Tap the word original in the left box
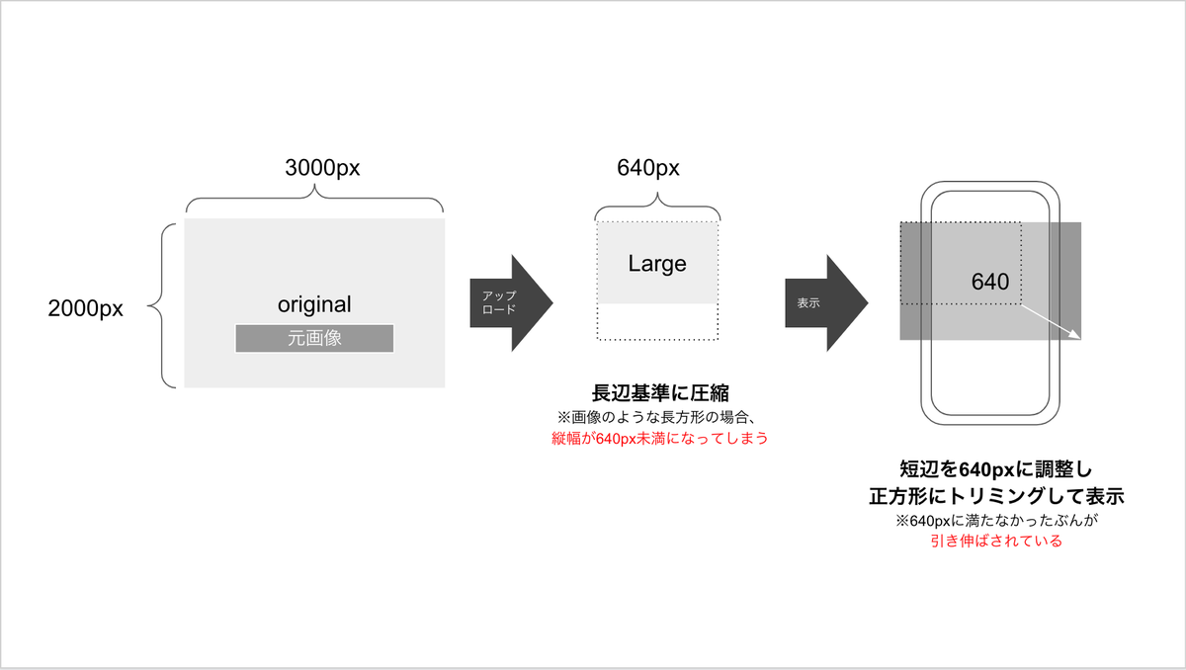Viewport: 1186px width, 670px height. click(x=314, y=304)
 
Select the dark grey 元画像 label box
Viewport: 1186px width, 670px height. click(x=314, y=338)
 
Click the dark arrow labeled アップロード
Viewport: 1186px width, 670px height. click(x=512, y=302)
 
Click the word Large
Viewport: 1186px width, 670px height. click(x=657, y=264)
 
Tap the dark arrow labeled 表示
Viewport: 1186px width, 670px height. click(x=826, y=302)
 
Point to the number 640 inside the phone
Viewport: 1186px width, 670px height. click(x=990, y=282)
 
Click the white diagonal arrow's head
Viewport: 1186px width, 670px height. click(x=1076, y=335)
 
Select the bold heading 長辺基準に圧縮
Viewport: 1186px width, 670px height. click(x=660, y=393)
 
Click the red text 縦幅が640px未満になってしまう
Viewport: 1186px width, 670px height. click(x=660, y=438)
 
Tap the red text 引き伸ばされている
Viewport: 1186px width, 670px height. click(x=996, y=541)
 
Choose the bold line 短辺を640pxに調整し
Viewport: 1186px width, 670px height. click(x=996, y=469)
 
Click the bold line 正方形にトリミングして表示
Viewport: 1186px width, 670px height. click(x=996, y=496)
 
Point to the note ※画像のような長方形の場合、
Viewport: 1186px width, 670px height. click(x=656, y=417)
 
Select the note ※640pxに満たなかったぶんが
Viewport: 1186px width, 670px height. click(x=996, y=520)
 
